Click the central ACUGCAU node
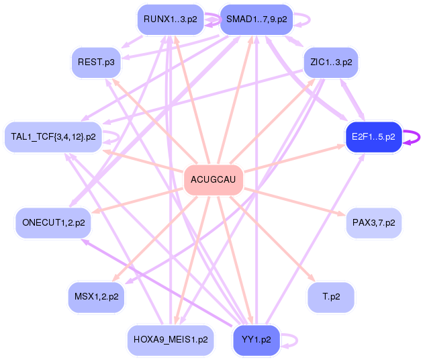pos(213,179)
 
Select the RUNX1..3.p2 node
pos(170,19)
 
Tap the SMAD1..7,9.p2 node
pos(256,19)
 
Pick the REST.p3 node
pos(95,62)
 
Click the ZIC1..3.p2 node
pos(331,62)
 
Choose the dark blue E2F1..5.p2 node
pos(373,137)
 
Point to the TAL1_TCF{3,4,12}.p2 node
pos(53,137)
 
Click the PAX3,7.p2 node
pos(373,222)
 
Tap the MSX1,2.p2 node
pos(95,296)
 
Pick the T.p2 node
pos(330,296)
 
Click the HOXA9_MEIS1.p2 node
pos(171,340)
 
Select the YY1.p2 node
pos(255,340)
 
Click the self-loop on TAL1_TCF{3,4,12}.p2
pos(118,136)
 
